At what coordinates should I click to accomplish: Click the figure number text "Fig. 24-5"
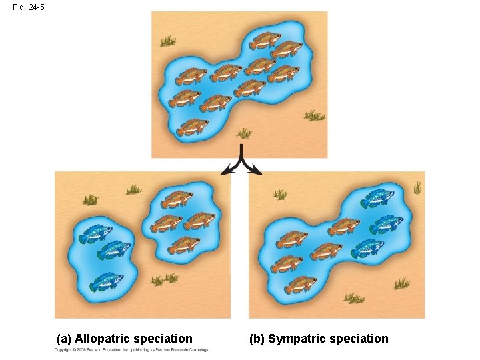pos(29,7)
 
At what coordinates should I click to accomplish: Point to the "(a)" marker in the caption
pos(65,339)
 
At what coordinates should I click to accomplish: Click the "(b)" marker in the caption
pos(257,339)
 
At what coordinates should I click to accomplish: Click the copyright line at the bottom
pos(132,350)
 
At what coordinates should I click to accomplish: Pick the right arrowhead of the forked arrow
pos(257,171)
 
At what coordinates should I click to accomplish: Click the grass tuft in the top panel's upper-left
pos(167,41)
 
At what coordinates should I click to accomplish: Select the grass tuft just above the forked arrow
pos(244,133)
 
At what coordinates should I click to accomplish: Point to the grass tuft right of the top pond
pos(314,116)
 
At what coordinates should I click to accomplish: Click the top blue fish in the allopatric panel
pos(95,234)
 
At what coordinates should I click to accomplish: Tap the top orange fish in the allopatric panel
pos(177,199)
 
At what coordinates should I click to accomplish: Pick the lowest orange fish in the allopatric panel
pos(183,245)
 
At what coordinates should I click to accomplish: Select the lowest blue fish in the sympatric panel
pos(367,247)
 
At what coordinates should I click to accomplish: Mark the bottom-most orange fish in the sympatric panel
pos(301,285)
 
